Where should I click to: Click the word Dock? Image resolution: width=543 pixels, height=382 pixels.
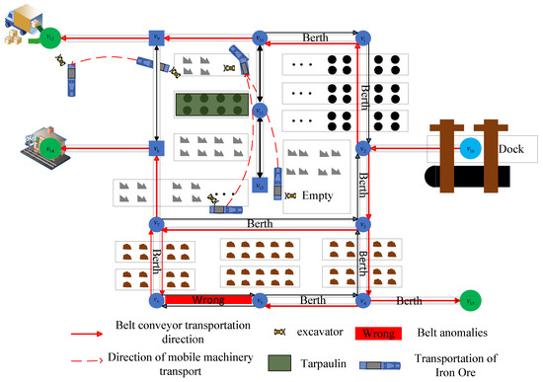pos(511,149)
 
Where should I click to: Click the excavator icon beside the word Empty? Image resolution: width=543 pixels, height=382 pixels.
pos(290,197)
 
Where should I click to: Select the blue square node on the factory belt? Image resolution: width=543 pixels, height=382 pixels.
pos(156,148)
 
